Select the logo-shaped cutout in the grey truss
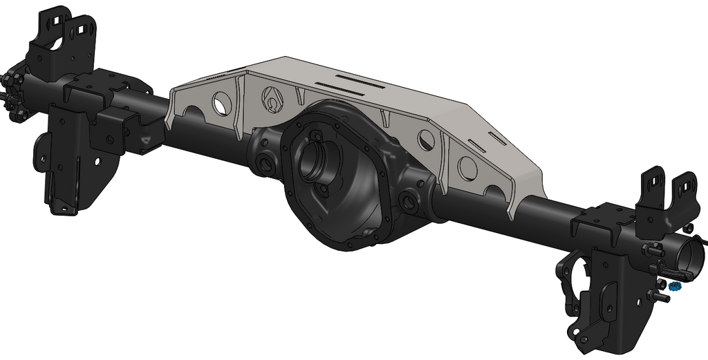(x=272, y=101)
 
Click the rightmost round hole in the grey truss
(x=468, y=168)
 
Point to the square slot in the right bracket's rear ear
(x=687, y=185)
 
